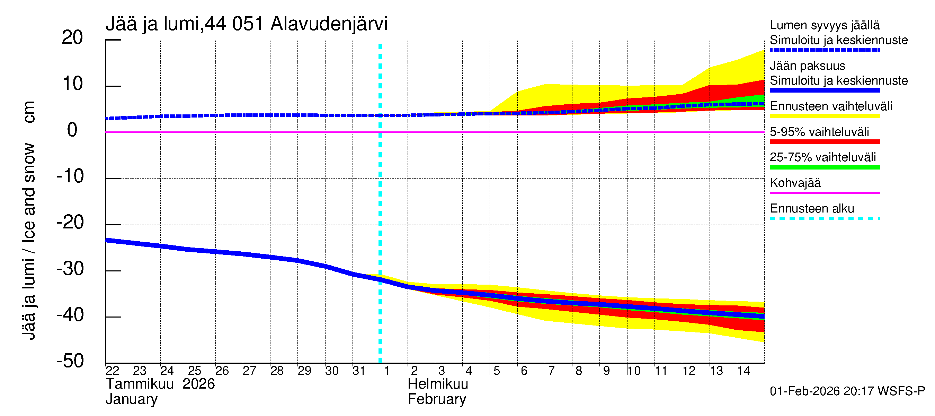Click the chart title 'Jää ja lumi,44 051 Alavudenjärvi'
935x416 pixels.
pyautogui.click(x=247, y=24)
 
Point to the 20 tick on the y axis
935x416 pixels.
pyautogui.click(x=72, y=37)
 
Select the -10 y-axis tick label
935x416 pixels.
pyautogui.click(x=70, y=176)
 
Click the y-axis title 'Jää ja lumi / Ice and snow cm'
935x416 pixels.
pyautogui.click(x=29, y=220)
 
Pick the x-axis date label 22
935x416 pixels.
pyautogui.click(x=112, y=371)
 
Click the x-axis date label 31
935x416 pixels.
pyautogui.click(x=359, y=371)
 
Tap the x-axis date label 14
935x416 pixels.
pyautogui.click(x=743, y=371)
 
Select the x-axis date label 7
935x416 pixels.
pyautogui.click(x=551, y=371)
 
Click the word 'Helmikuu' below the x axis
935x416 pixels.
pyautogui.click(x=438, y=384)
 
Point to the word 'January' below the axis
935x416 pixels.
pyautogui.click(x=131, y=399)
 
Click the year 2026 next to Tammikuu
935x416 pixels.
pyautogui.click(x=198, y=384)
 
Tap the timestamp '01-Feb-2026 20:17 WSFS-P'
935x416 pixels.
pyautogui.click(x=847, y=391)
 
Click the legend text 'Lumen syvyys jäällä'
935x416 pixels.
pyautogui.click(x=825, y=25)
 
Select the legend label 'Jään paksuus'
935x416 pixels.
pyautogui.click(x=808, y=66)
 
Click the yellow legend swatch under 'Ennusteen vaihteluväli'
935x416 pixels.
pyautogui.click(x=825, y=116)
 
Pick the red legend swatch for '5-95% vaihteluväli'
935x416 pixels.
pyautogui.click(x=825, y=142)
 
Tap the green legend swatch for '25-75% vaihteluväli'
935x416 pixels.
pyautogui.click(x=825, y=167)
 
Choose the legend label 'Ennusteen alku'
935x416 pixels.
pyautogui.click(x=812, y=209)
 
